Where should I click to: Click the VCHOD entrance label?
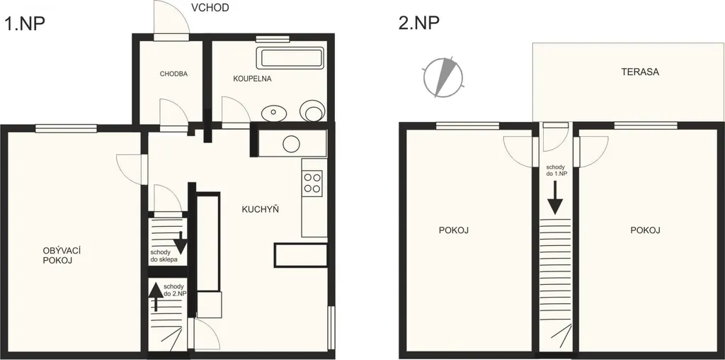(210, 8)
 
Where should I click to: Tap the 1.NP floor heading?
(25, 23)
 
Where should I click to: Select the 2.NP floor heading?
(419, 23)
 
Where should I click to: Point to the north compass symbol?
(443, 77)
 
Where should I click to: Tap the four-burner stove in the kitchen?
(312, 182)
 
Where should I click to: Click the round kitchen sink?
(292, 144)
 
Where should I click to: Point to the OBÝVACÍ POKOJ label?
(59, 255)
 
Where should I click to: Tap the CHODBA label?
(174, 74)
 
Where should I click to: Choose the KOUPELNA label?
(252, 79)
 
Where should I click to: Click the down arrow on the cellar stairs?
(180, 242)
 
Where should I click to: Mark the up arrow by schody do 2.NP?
(155, 297)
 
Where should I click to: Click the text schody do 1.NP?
(557, 171)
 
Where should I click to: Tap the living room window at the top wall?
(66, 129)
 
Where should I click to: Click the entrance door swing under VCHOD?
(171, 18)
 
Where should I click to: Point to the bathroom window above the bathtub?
(273, 39)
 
